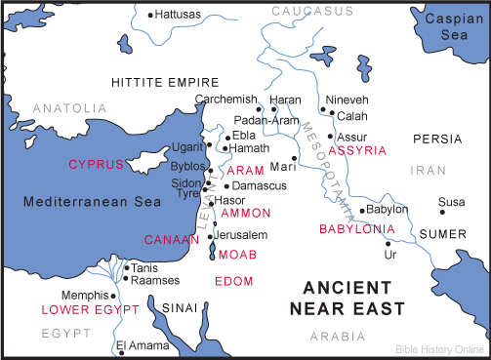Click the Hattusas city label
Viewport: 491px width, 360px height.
(x=180, y=16)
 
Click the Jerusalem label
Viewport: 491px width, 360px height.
(x=241, y=235)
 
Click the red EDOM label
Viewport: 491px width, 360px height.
(x=233, y=282)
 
